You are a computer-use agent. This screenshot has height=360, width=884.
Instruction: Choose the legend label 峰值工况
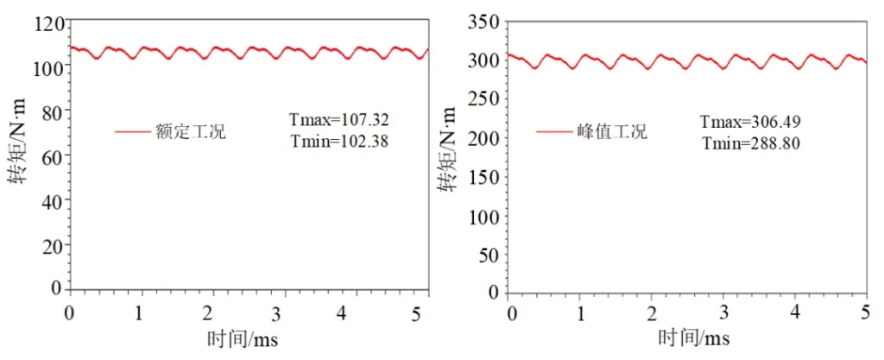pyautogui.click(x=612, y=132)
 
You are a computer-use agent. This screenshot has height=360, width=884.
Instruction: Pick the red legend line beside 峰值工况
pyautogui.click(x=552, y=132)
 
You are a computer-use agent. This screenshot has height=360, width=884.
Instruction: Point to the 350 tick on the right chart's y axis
pyautogui.click(x=483, y=22)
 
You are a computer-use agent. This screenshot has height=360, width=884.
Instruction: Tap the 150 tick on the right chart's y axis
pyautogui.click(x=483, y=176)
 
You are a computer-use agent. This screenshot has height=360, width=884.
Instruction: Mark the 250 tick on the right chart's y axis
pyautogui.click(x=483, y=98)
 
